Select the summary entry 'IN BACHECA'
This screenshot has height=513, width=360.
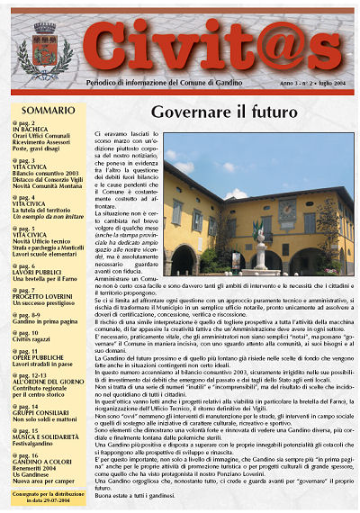(34, 129)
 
